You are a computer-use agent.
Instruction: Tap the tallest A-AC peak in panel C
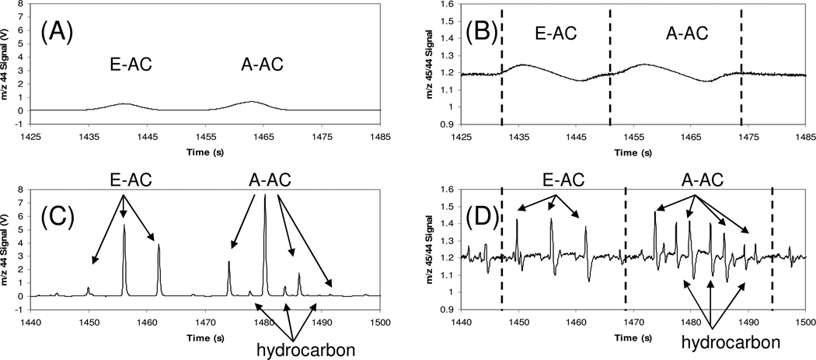point(265,198)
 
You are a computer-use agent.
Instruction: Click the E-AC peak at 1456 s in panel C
point(124,228)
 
